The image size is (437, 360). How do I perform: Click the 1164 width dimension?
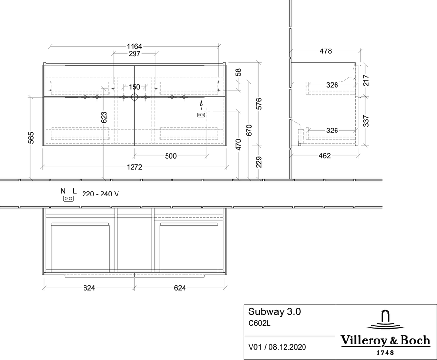134,46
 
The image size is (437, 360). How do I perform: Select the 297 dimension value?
134,54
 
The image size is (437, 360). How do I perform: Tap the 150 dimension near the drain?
134,87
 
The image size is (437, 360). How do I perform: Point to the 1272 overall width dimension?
134,167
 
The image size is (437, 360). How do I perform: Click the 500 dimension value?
170,156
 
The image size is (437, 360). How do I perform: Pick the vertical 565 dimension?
31,137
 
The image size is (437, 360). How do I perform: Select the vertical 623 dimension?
104,117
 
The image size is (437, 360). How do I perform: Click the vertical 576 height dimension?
259,103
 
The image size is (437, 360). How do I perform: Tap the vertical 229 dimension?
259,162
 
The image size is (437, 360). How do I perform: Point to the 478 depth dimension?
326,51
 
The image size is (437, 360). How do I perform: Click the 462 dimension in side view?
325,156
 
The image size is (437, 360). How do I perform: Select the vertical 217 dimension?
366,81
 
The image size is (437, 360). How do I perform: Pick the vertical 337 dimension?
366,121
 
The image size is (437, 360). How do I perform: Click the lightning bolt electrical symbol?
201,105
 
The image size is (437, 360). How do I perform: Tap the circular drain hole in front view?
134,97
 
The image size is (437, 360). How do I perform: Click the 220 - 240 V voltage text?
101,194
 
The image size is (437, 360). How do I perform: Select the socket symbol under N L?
68,199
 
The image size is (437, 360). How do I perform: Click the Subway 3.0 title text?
274,311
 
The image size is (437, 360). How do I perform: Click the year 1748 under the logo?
386,353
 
